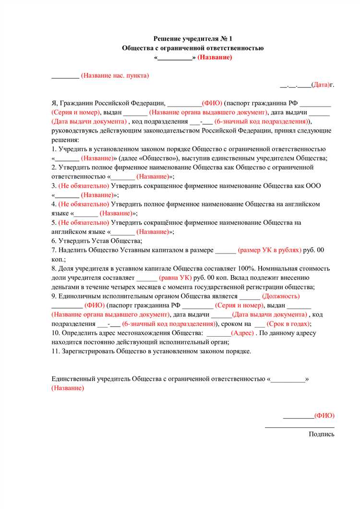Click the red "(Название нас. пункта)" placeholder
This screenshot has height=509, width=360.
click(x=115, y=75)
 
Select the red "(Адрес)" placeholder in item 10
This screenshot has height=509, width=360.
click(x=242, y=333)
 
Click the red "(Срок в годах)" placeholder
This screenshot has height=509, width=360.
click(x=287, y=324)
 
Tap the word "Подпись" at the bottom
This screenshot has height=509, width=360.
click(x=322, y=434)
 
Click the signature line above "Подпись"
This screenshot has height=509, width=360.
click(x=300, y=426)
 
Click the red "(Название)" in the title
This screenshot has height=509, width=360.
click(x=215, y=57)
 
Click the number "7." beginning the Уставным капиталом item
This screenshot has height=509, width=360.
click(x=54, y=250)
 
